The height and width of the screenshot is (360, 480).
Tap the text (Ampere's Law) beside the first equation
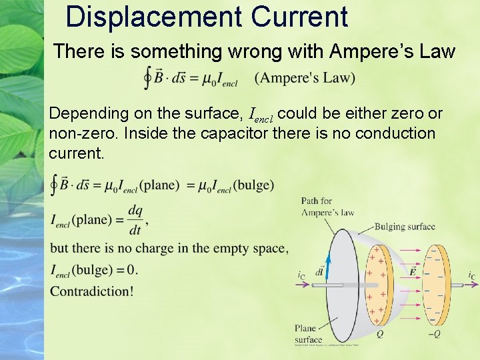(x=305, y=78)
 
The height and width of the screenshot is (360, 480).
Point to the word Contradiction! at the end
(x=91, y=291)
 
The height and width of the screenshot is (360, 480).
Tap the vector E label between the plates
(x=413, y=271)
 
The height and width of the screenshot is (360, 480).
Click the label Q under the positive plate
(x=379, y=334)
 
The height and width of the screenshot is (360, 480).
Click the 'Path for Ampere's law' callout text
(x=327, y=207)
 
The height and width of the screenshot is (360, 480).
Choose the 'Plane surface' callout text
(x=309, y=333)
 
